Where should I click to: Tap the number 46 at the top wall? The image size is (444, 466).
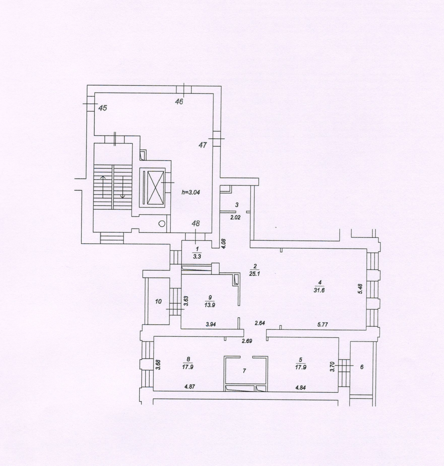click(x=179, y=102)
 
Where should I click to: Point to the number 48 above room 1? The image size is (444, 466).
click(x=196, y=223)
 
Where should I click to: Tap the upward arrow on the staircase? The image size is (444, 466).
click(x=103, y=187)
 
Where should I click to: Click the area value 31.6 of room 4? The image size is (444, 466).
click(x=319, y=290)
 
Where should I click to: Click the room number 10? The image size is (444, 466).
click(x=158, y=301)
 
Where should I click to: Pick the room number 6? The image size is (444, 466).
click(x=362, y=367)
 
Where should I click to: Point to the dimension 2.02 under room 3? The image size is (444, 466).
click(x=235, y=217)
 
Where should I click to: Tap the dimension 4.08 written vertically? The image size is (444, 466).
click(x=224, y=244)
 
